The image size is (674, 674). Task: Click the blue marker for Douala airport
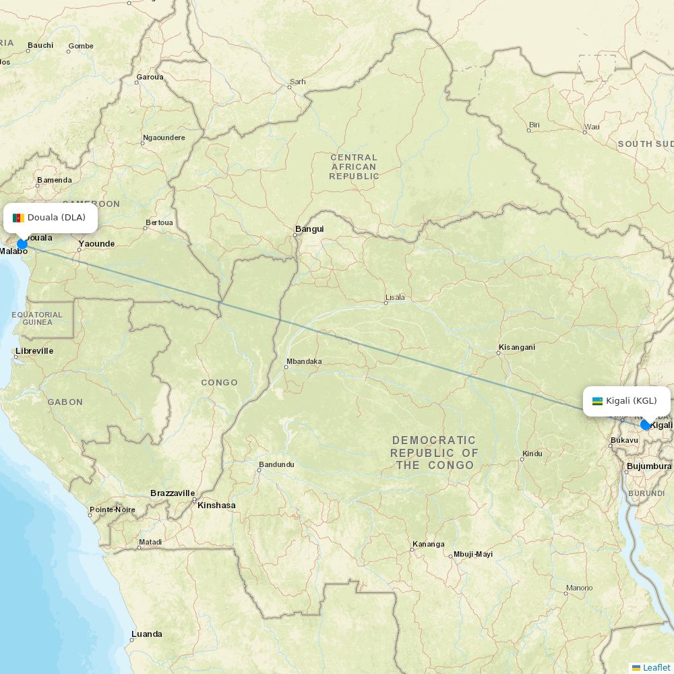point(22,244)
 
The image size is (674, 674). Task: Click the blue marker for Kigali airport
point(646,425)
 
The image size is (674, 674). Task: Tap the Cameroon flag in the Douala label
point(18,218)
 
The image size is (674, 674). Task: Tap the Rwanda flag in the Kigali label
point(597,401)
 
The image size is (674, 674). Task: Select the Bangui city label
point(309,229)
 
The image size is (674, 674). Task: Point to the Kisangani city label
point(517,348)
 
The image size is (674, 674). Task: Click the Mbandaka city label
point(304,361)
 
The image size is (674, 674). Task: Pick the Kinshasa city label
point(216,505)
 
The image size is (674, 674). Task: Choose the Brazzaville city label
point(173,493)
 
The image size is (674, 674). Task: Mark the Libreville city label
point(34,351)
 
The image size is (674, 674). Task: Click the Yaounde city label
point(96,244)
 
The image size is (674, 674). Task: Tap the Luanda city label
point(147,634)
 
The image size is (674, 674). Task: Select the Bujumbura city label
point(649,466)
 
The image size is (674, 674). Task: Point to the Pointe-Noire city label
point(113,510)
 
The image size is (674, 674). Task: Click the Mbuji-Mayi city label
point(473,554)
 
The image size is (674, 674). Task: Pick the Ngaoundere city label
point(164,138)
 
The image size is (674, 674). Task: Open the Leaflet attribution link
point(656,667)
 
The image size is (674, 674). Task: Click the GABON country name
point(65,402)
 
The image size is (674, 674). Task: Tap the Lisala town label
point(395,297)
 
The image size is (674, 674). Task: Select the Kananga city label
point(429,545)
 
